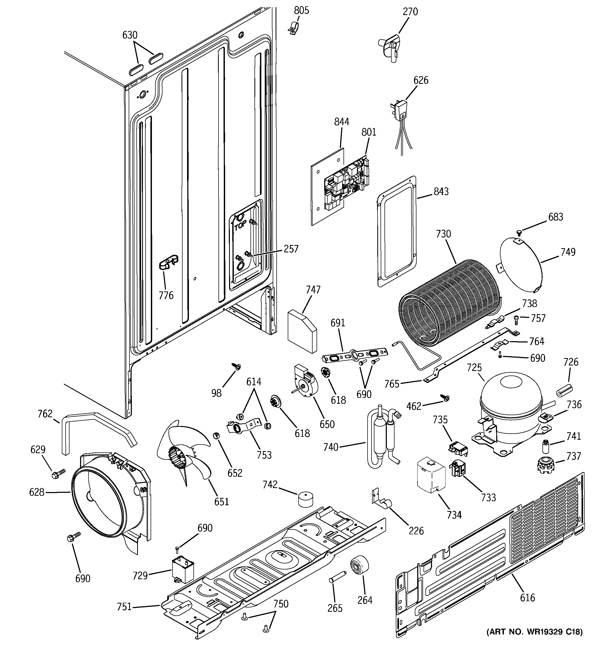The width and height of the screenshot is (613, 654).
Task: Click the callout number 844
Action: [x=342, y=122]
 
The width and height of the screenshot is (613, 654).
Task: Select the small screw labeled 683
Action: [x=519, y=233]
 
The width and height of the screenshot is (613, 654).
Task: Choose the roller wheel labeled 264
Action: [x=359, y=565]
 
